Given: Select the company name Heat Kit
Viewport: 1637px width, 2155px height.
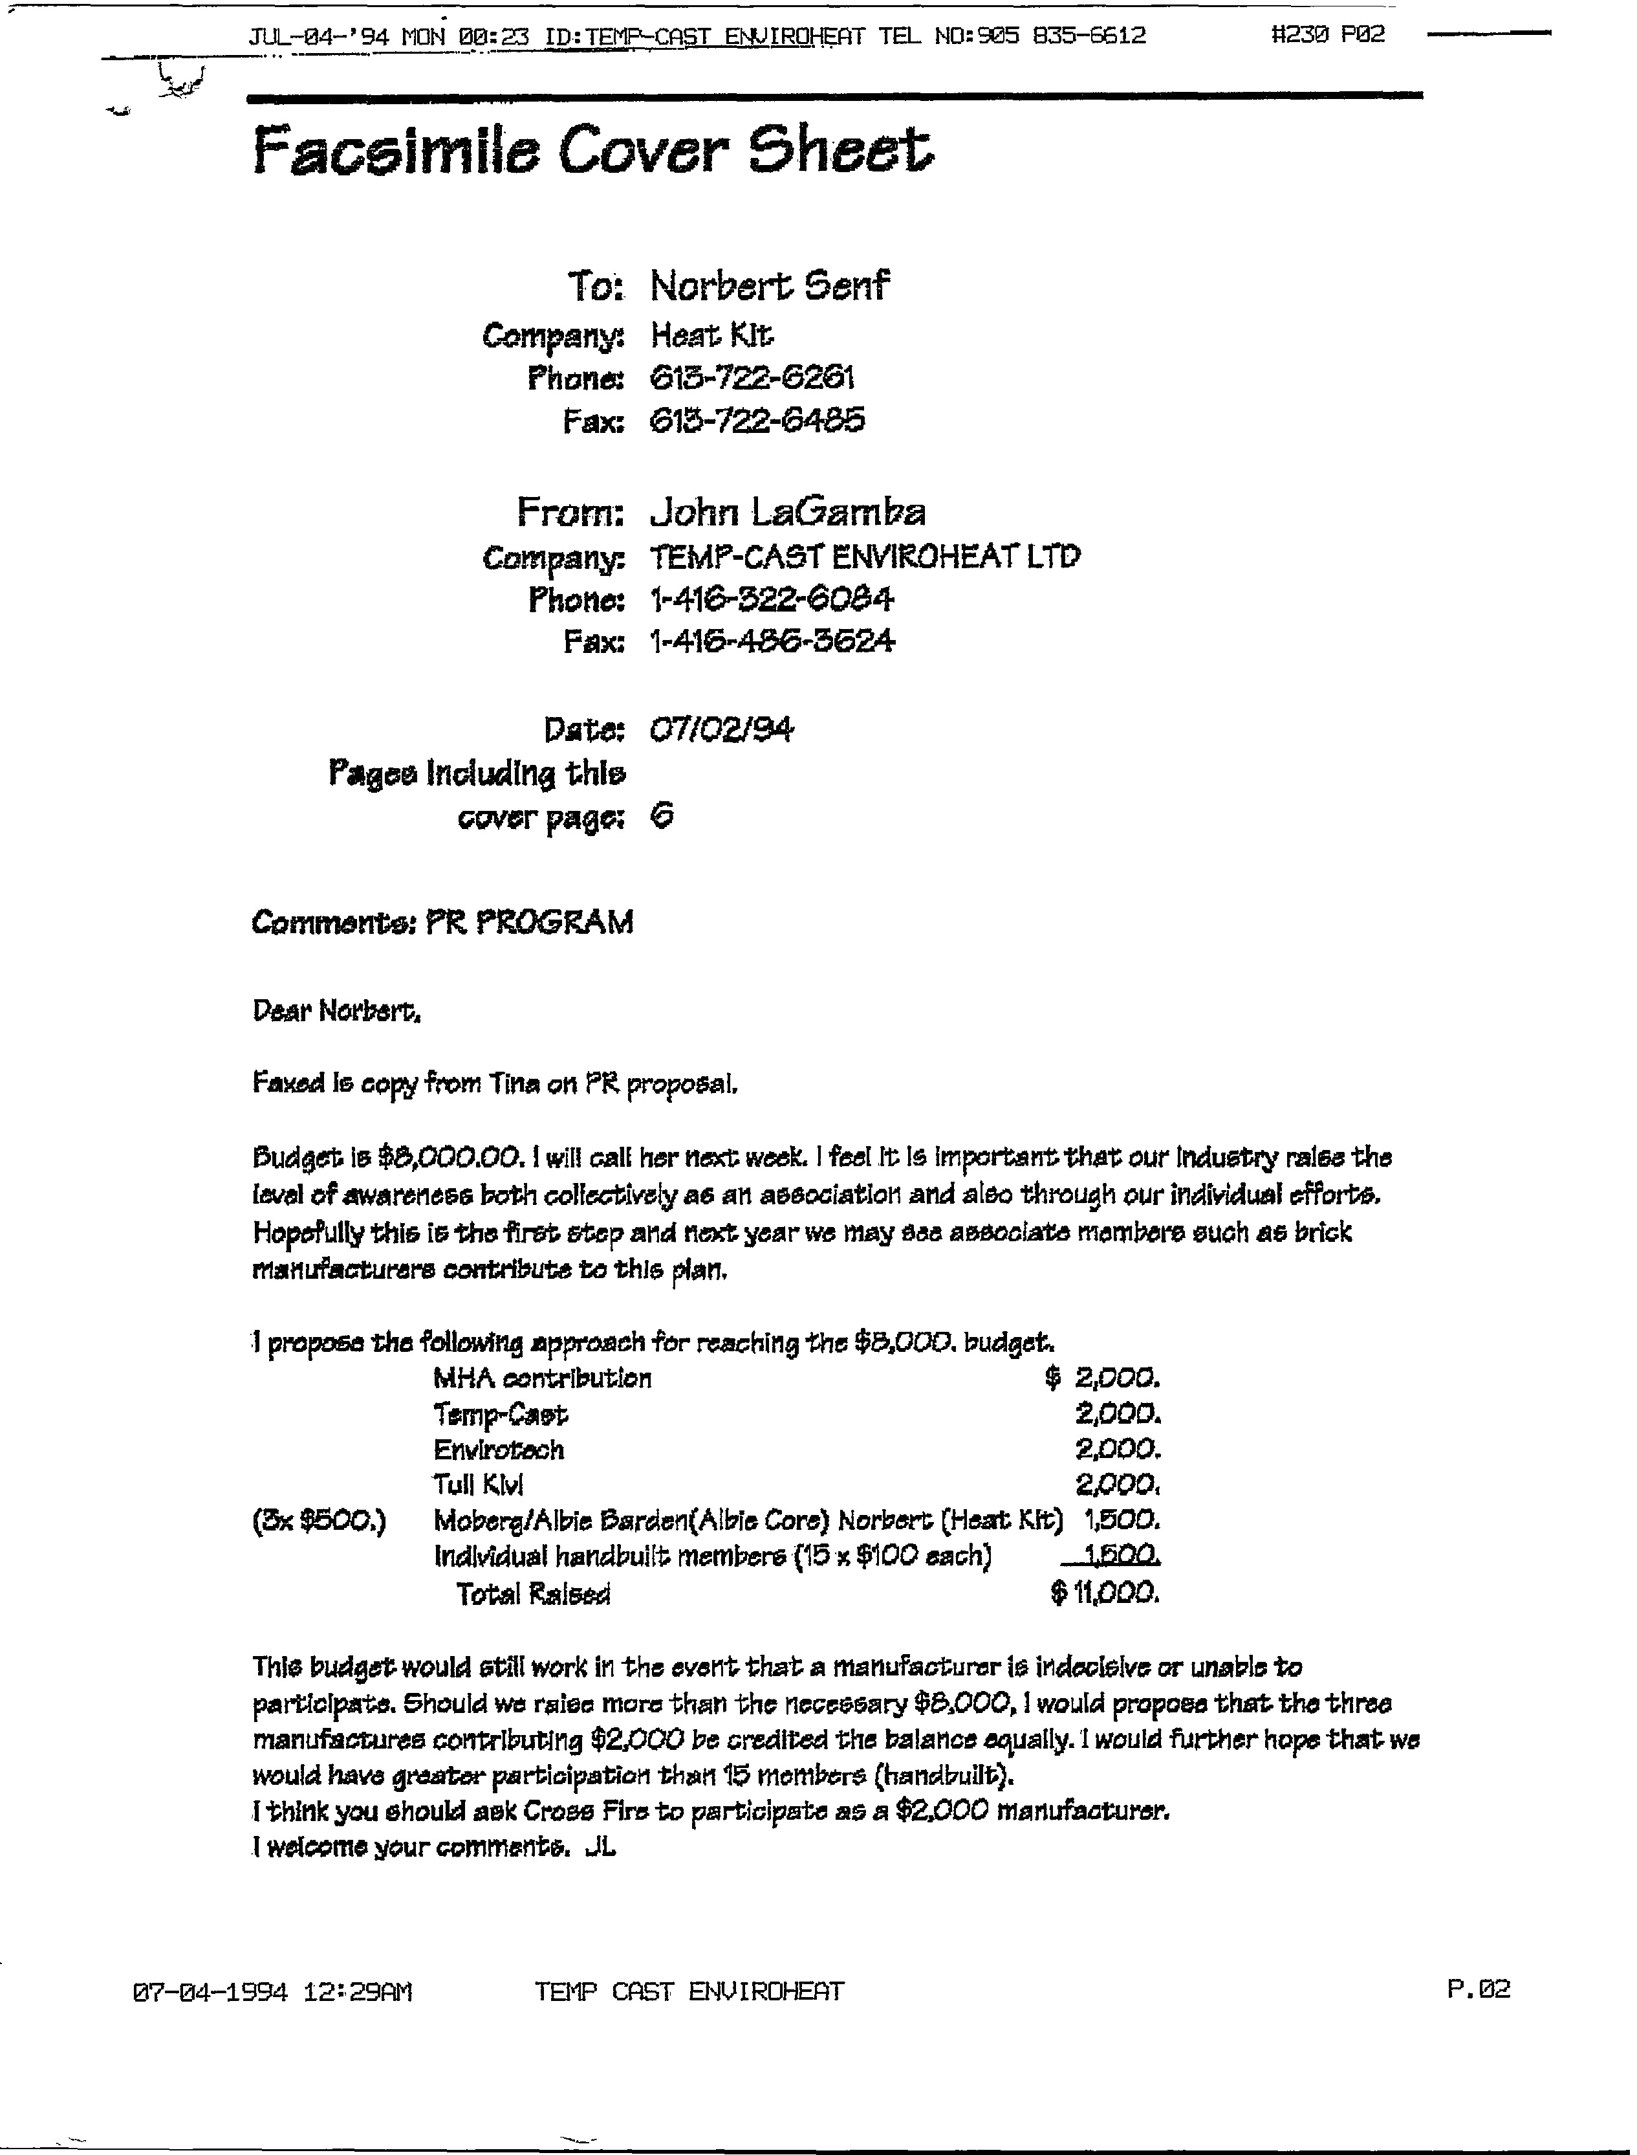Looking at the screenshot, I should (712, 337).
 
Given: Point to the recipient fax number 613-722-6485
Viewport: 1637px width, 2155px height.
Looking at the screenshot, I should (757, 421).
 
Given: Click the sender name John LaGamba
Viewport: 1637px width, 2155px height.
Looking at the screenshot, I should (787, 512).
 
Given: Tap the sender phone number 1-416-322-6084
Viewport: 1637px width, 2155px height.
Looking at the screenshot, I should (772, 599).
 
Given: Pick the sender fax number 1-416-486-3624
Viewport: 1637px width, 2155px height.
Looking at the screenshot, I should (772, 641).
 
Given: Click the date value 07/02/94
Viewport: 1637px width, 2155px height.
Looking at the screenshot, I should (721, 729).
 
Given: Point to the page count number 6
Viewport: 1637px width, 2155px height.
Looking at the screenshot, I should (662, 816).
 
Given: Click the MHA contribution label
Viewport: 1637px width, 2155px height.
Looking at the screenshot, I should (542, 1378).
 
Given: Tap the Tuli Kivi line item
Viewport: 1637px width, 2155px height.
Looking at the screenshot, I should (479, 1485).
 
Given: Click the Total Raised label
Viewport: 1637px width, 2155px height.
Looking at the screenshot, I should (534, 1593).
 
